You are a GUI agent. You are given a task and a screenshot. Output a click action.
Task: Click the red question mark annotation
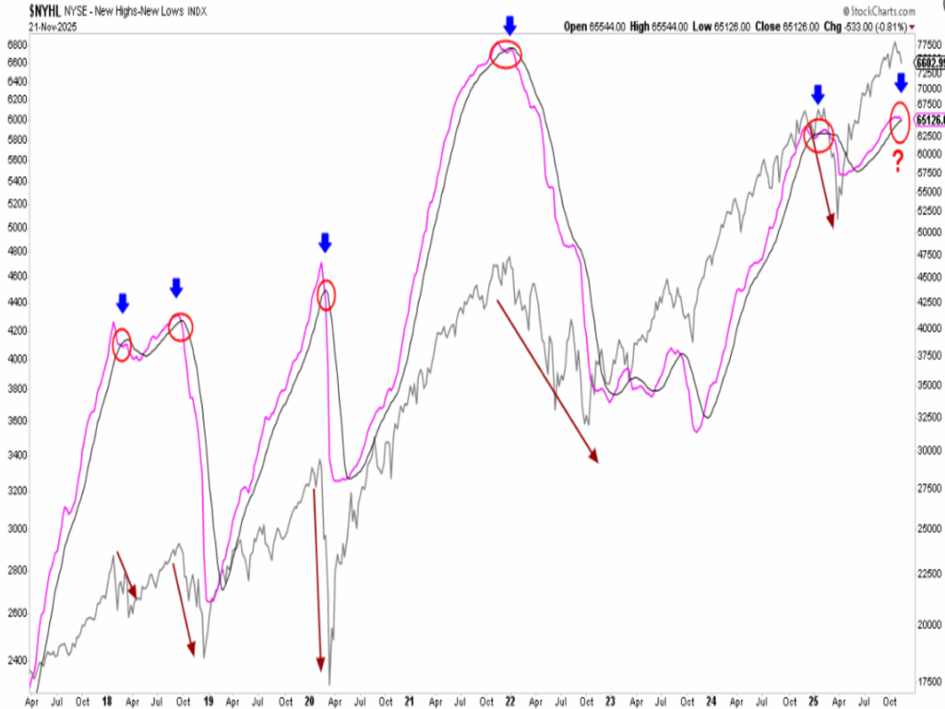click(x=897, y=162)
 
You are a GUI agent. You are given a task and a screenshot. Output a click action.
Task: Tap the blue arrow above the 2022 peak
click(x=508, y=25)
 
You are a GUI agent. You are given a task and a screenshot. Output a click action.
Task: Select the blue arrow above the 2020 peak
click(x=324, y=243)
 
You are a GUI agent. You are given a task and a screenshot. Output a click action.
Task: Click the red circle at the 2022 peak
click(x=507, y=54)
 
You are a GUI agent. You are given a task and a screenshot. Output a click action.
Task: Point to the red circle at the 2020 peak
click(x=326, y=296)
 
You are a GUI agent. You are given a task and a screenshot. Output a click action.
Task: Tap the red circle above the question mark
click(x=900, y=124)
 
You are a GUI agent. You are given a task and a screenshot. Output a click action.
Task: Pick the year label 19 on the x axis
click(x=209, y=701)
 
